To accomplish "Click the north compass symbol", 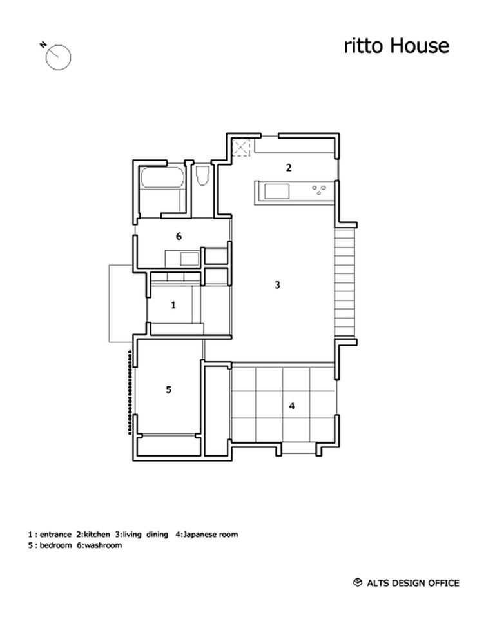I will tap(58, 56).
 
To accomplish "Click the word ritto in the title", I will tap(362, 46).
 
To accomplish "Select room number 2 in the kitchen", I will tap(289, 168).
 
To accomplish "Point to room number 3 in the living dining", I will tap(277, 284).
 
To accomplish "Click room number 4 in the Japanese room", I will tap(291, 406).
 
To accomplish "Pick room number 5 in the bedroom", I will tap(168, 389).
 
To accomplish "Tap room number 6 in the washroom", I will tap(179, 236).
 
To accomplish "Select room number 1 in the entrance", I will tap(173, 305).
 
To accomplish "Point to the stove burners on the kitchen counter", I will tap(319, 190).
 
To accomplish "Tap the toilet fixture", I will tap(202, 176).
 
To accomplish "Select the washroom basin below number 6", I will tap(189, 259).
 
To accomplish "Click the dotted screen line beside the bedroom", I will tap(131, 392).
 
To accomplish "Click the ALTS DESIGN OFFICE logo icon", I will tap(357, 583).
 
